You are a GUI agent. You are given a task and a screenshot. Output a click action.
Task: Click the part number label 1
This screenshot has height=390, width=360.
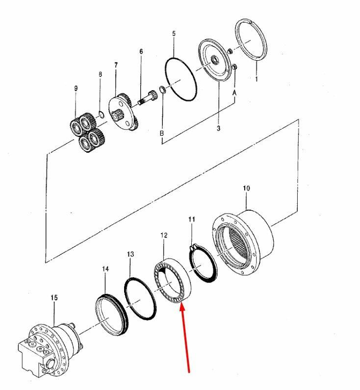click(x=257, y=79)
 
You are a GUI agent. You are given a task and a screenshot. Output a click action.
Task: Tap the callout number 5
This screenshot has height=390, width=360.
click(x=174, y=34)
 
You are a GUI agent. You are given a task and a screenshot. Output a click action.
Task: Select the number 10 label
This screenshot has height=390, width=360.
click(x=246, y=188)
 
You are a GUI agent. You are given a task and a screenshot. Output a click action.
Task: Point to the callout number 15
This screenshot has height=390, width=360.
click(x=54, y=297)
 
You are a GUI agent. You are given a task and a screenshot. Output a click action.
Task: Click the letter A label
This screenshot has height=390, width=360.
click(x=234, y=93)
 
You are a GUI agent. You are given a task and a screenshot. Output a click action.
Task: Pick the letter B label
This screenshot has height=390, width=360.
click(x=162, y=133)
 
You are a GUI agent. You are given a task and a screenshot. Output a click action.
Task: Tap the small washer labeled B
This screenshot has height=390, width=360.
click(x=162, y=89)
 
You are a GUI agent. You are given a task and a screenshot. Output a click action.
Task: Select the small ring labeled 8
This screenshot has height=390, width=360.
click(x=101, y=114)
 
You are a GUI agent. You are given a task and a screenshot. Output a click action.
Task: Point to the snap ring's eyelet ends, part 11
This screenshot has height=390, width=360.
click(x=193, y=247)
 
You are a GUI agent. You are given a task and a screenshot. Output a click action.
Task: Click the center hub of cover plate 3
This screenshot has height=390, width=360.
click(x=214, y=60)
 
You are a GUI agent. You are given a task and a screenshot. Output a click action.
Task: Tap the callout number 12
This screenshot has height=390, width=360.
click(x=164, y=235)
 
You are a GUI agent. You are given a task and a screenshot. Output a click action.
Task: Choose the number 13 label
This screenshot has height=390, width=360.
click(x=130, y=254)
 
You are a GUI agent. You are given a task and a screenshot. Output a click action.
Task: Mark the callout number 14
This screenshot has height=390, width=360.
click(x=105, y=269)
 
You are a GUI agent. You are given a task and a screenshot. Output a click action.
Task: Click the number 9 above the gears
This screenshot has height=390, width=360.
click(x=76, y=88)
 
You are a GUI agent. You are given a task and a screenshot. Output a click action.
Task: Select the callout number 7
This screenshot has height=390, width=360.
click(x=116, y=65)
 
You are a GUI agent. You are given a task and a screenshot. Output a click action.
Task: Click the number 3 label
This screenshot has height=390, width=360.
click(x=218, y=128)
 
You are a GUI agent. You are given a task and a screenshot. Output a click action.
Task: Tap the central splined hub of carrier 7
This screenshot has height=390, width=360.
click(x=117, y=116)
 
